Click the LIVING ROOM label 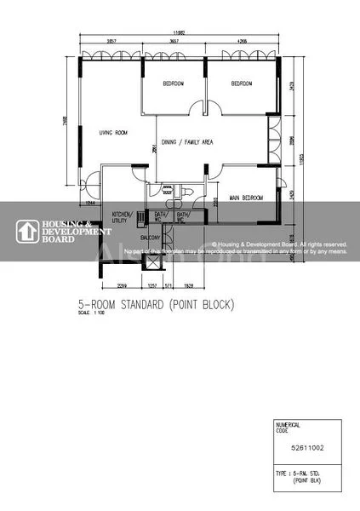(x=112, y=132)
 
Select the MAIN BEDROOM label (x=246, y=198)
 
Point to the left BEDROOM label (x=174, y=83)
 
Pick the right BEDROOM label (x=242, y=83)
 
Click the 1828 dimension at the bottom (x=189, y=285)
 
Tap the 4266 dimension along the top (x=243, y=41)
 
